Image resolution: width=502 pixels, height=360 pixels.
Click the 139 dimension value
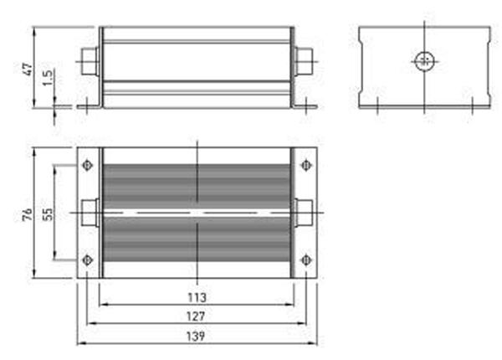coord(197,336)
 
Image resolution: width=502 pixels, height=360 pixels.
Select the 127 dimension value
coord(197,316)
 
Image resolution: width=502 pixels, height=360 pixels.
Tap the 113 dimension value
coord(197,297)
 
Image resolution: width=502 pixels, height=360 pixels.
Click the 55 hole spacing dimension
coord(48,214)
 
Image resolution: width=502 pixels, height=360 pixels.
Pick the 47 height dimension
coord(26,69)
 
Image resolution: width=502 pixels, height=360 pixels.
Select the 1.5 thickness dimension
coord(48,81)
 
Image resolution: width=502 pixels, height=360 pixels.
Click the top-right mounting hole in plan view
coord(305,165)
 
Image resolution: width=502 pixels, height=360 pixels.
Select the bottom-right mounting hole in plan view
coord(305,260)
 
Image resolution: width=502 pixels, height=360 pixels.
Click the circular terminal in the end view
coord(425,60)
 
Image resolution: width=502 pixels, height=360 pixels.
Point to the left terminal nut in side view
coord(89,60)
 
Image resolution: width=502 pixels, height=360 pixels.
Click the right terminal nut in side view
coord(305,60)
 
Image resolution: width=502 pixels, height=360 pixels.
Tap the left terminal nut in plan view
coord(89,213)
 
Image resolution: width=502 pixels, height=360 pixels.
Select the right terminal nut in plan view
coord(305,213)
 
